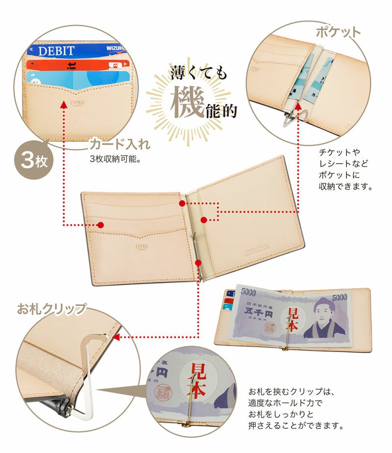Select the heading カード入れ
point(119,145)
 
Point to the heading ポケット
point(338,32)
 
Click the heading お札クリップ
point(51,309)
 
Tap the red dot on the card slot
point(100,225)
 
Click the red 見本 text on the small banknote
point(293,319)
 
